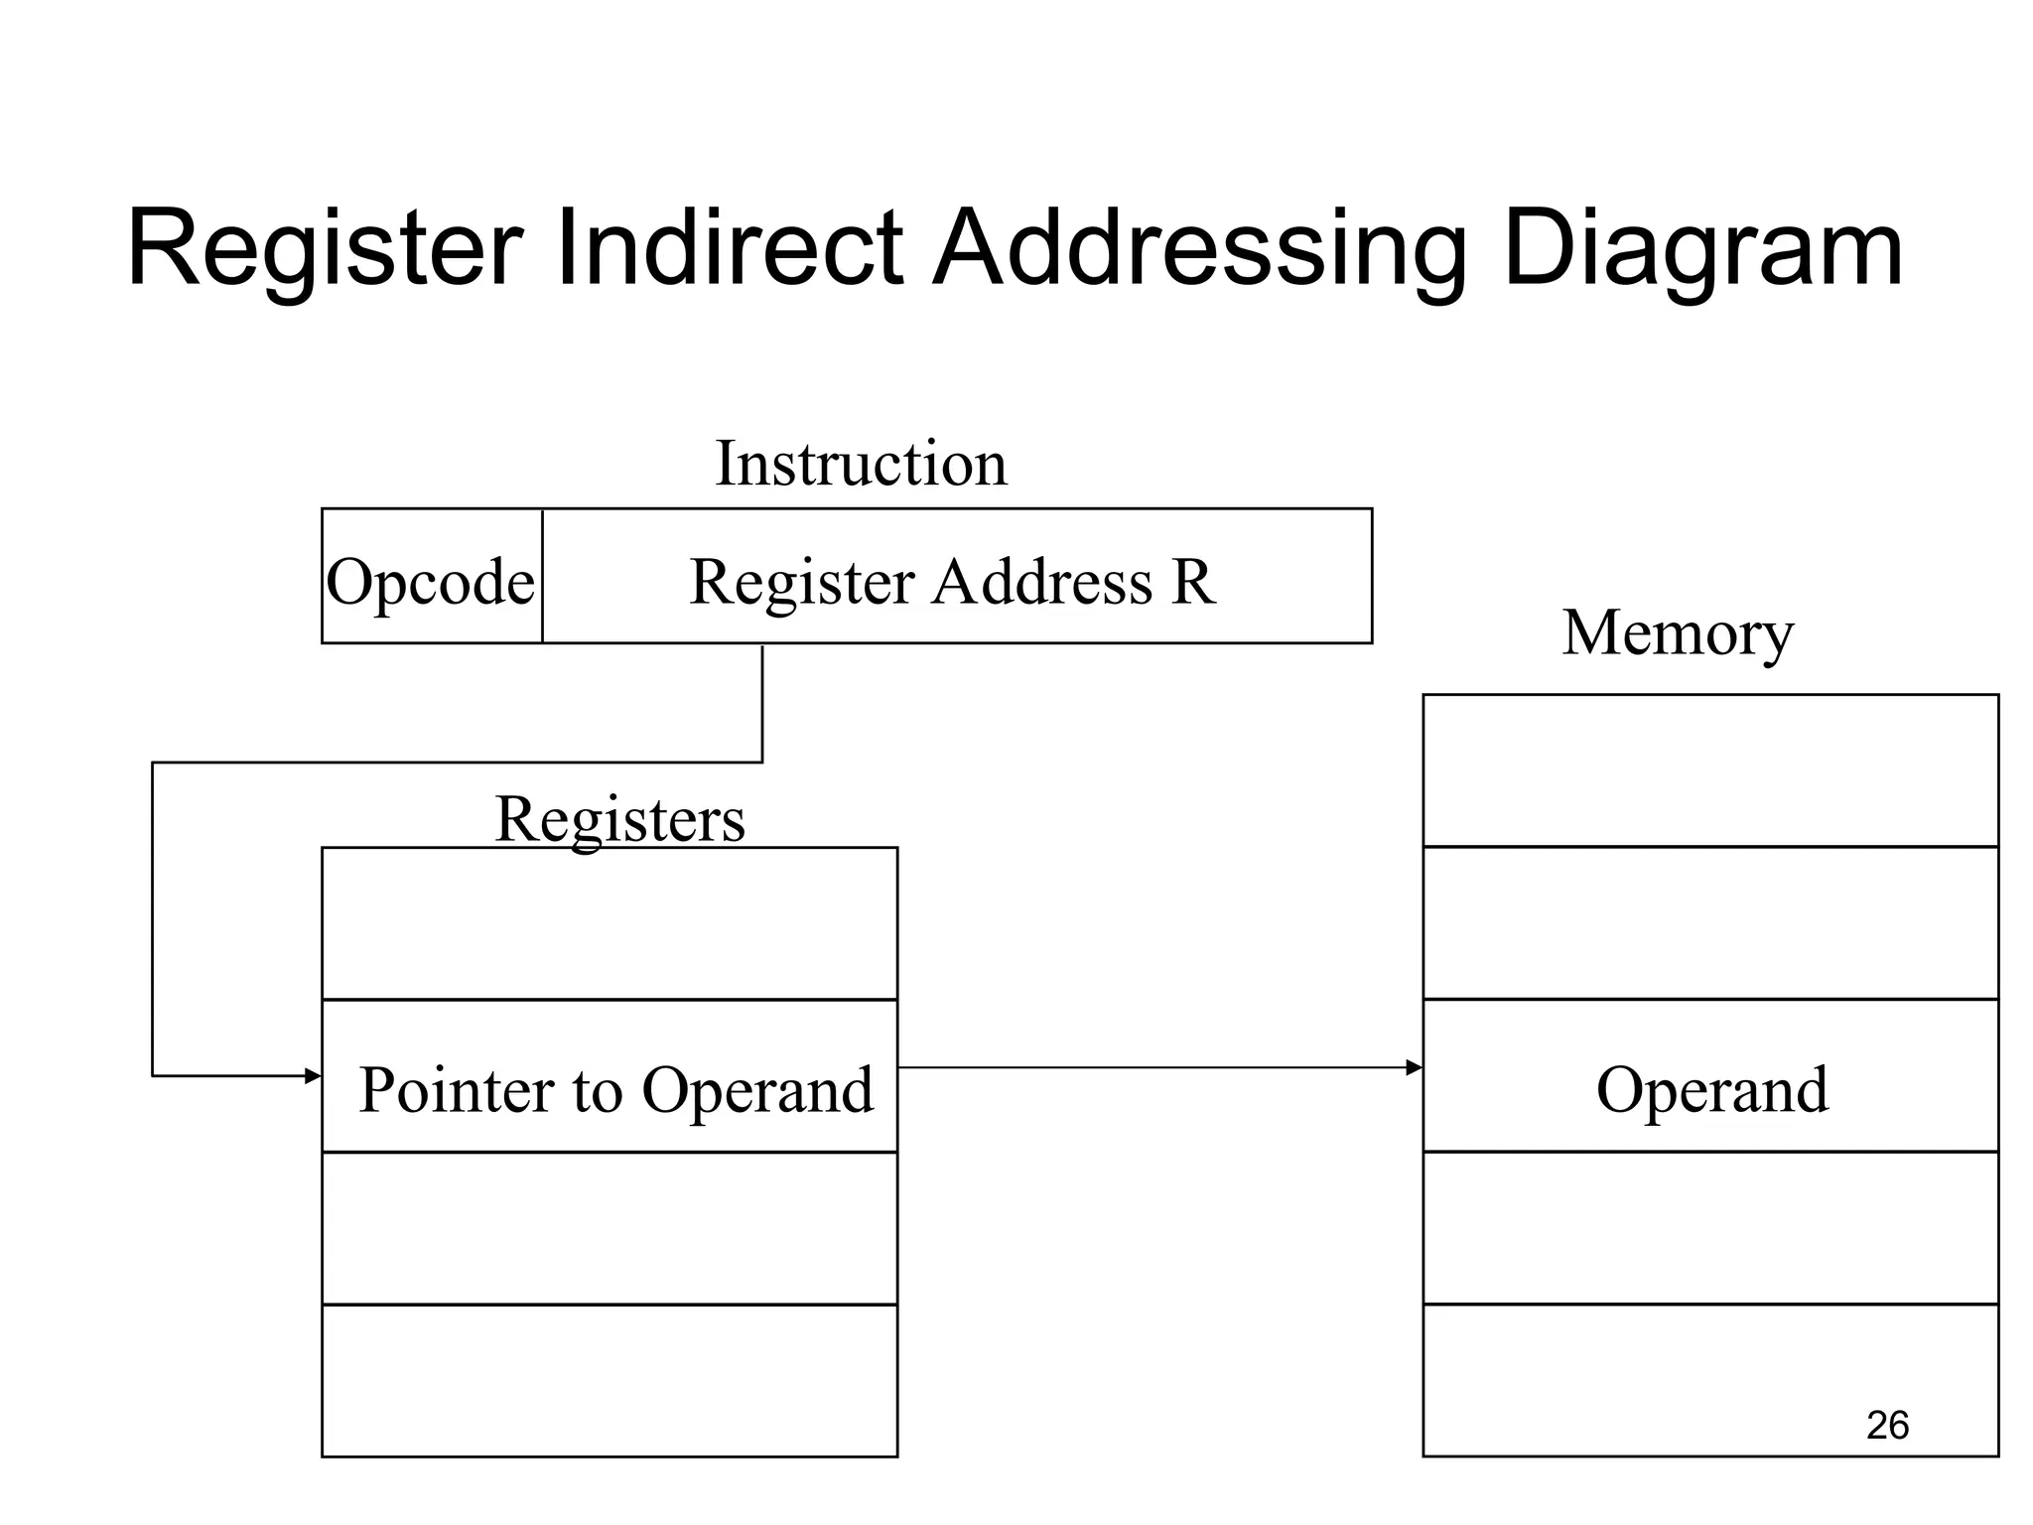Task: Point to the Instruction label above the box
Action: point(861,464)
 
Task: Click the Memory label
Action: point(1678,632)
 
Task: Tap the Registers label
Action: point(619,819)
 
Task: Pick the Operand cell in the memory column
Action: point(1711,1088)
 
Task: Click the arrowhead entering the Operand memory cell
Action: point(1415,1068)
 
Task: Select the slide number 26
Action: point(1887,1425)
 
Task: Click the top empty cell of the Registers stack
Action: point(610,923)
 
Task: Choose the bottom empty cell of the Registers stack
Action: point(610,1380)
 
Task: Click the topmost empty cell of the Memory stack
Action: point(1710,770)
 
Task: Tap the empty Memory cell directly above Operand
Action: point(1710,923)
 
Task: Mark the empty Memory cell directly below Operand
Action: point(1710,1228)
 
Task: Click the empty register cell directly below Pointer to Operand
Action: point(610,1228)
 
